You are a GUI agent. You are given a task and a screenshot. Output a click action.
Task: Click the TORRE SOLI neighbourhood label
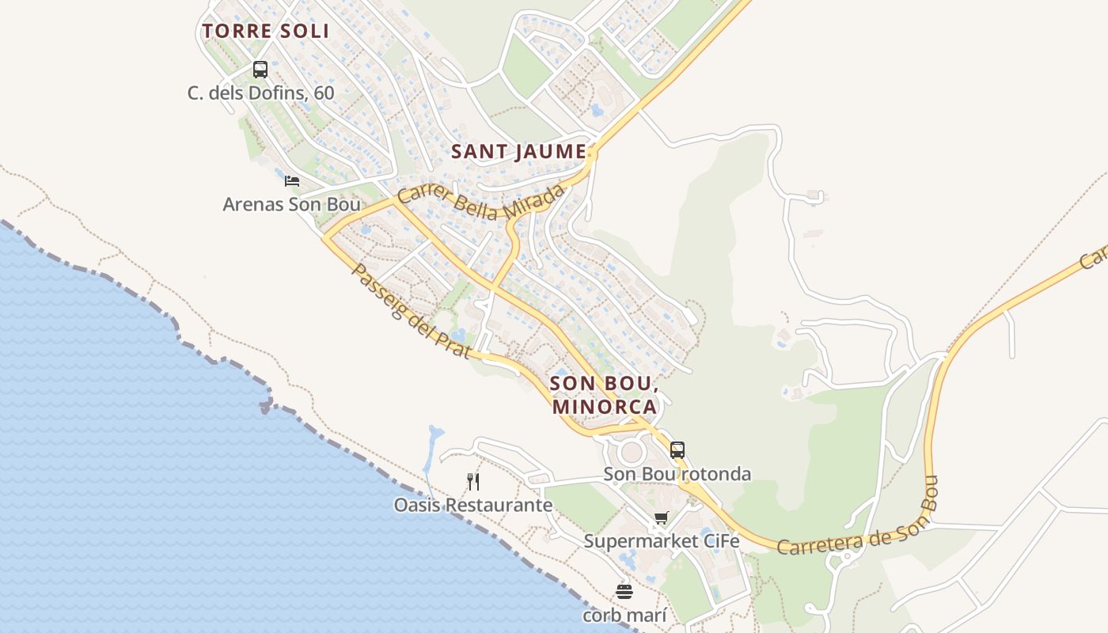point(265,31)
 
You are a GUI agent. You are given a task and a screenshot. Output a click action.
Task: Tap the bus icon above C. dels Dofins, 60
point(260,70)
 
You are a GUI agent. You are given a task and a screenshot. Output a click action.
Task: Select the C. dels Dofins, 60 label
point(260,93)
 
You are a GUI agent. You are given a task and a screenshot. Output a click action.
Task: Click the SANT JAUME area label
point(519,152)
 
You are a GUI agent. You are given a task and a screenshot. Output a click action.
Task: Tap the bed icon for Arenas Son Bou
point(292,180)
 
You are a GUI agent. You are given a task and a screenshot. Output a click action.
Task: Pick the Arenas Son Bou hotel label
point(291,204)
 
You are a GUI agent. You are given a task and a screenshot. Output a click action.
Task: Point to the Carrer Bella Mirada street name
point(482,203)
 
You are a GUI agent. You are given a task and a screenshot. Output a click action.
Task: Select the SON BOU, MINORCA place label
point(605,394)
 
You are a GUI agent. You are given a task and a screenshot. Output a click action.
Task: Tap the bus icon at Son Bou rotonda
point(677,450)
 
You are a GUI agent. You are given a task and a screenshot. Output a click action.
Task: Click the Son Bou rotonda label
point(677,474)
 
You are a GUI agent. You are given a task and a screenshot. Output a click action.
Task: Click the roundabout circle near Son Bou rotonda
point(632,453)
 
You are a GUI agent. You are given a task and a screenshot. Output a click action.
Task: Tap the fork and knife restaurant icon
point(473,481)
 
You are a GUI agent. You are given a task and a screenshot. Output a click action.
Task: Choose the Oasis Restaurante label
point(473,505)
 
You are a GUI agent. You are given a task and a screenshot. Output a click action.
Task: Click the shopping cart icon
point(661,518)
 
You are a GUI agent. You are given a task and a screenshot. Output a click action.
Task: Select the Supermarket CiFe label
point(661,541)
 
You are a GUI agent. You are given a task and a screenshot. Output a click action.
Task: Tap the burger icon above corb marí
point(624,592)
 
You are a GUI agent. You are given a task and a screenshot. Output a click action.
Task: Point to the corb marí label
point(624,615)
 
